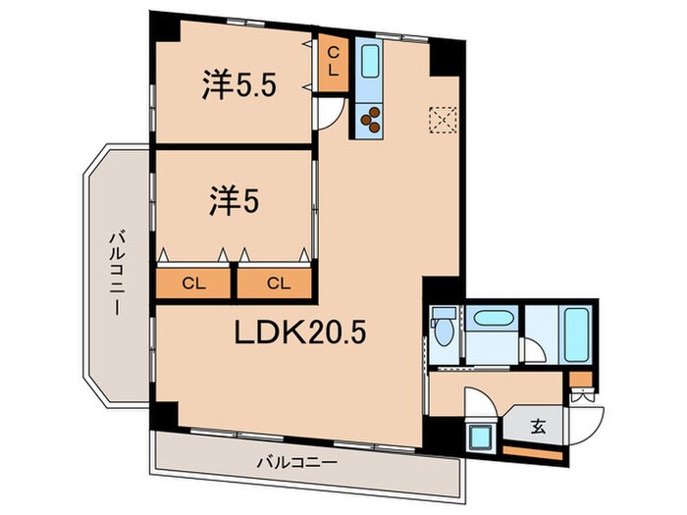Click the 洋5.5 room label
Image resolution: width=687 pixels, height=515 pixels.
239,86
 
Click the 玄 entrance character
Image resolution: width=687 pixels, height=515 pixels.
539,426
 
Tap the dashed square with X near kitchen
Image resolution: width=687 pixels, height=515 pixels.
444,120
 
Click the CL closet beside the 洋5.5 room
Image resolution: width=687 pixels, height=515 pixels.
333,62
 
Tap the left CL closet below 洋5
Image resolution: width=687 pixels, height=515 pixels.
194,283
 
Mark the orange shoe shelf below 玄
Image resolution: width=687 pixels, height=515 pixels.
532,451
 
